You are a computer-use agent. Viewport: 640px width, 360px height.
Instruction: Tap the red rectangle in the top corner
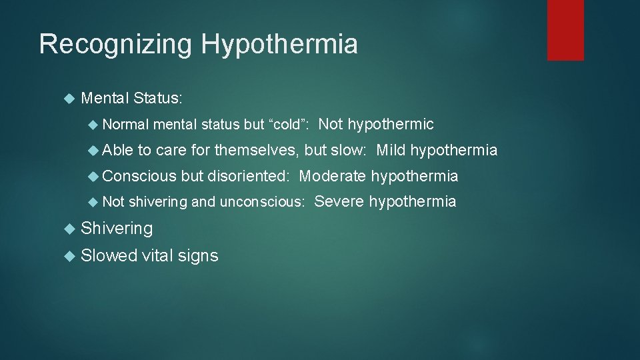click(x=565, y=30)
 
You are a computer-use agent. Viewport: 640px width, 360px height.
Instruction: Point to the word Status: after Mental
click(x=157, y=99)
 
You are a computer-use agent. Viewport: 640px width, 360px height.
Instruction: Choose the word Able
click(x=118, y=151)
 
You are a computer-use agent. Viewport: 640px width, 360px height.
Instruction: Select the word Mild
click(x=391, y=151)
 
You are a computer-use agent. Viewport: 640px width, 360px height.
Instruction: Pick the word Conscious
click(x=139, y=176)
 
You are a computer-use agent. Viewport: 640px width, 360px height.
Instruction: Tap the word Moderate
click(x=333, y=176)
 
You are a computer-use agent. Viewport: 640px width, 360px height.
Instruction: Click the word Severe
click(x=338, y=201)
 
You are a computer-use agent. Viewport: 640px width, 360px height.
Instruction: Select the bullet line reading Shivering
click(x=117, y=229)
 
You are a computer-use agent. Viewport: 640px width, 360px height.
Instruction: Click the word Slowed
click(x=109, y=255)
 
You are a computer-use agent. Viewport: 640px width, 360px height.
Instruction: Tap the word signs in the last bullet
click(x=197, y=256)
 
